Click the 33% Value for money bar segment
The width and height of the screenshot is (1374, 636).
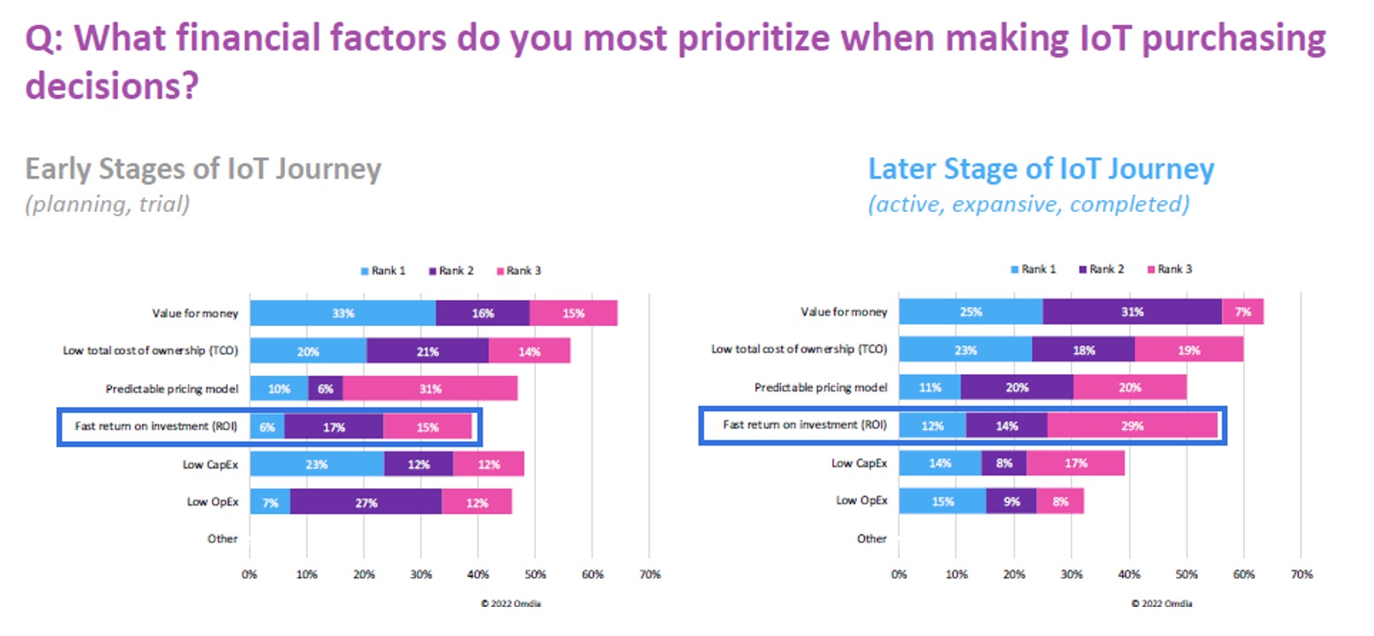click(x=343, y=314)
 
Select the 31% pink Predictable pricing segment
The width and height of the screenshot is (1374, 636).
click(x=430, y=389)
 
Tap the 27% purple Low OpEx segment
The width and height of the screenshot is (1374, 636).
click(x=366, y=503)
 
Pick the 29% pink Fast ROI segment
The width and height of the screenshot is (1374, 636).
click(x=1132, y=426)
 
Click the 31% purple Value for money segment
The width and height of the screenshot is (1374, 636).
click(x=1132, y=312)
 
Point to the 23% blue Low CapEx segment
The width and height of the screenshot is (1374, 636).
click(x=316, y=464)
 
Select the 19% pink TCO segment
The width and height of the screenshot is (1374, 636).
click(x=1189, y=350)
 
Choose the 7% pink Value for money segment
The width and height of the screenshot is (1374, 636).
click(x=1242, y=312)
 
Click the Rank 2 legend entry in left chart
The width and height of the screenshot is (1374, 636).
click(x=451, y=271)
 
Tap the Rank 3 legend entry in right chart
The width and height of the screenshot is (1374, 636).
click(x=1170, y=269)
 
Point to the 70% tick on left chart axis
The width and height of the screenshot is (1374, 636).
click(x=649, y=574)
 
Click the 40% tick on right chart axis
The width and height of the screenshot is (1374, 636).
click(x=1129, y=574)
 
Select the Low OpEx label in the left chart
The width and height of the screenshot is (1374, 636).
click(x=213, y=502)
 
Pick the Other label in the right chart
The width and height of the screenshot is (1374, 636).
click(x=872, y=539)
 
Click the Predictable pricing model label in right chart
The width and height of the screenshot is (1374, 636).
click(x=820, y=387)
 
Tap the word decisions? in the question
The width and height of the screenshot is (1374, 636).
click(x=112, y=86)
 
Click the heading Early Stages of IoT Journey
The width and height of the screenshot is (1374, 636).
click(x=203, y=168)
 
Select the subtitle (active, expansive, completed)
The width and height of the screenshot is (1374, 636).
click(x=1029, y=204)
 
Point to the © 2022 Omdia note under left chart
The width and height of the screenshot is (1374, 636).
click(x=510, y=604)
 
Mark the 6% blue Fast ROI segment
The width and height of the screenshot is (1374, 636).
click(x=267, y=427)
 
